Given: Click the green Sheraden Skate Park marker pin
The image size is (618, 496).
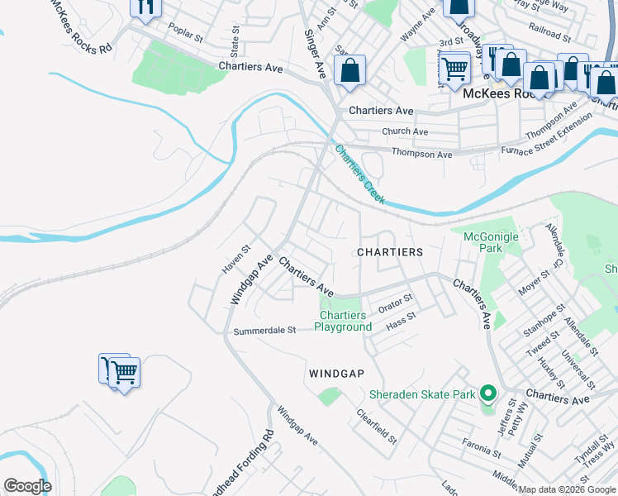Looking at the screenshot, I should pos(487,394).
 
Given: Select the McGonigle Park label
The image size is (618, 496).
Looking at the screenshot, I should pos(491,242).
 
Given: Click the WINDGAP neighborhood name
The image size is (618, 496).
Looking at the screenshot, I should pos(336,374).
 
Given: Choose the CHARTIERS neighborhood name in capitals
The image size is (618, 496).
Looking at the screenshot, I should pos(389,251).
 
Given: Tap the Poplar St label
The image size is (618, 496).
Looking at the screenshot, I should pos(185,37).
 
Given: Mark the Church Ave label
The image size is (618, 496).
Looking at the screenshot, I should pos(405,131).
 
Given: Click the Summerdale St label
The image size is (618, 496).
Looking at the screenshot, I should pos(264,331).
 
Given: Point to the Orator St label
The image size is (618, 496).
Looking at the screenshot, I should pos(395,303).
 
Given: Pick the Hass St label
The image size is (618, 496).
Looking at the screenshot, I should pos(401,320).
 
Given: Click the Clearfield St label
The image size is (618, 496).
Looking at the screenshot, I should pos(377,424).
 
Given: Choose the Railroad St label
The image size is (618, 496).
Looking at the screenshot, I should pos(550,37).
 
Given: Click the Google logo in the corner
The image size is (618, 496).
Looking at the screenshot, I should pos(27,486).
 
